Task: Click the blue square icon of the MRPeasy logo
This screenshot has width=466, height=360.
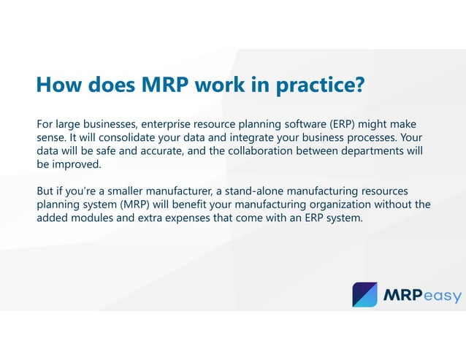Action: [365, 294]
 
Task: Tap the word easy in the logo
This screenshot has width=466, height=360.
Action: [440, 296]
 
